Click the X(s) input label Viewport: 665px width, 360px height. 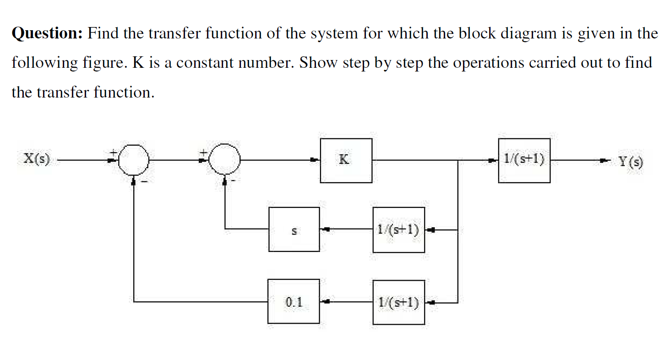(x=37, y=160)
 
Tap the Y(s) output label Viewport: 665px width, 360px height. (x=631, y=161)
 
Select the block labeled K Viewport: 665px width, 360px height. (x=346, y=161)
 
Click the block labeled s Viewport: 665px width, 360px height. (x=294, y=229)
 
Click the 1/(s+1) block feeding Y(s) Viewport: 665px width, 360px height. (x=524, y=161)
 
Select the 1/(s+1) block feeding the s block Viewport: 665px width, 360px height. (x=398, y=229)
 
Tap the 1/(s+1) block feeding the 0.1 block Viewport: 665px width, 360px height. (x=398, y=302)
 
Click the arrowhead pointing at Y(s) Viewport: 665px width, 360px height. (x=605, y=160)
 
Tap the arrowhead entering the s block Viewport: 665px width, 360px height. (x=325, y=229)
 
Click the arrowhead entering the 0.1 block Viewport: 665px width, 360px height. (x=325, y=302)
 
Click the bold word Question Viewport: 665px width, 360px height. (x=47, y=34)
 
